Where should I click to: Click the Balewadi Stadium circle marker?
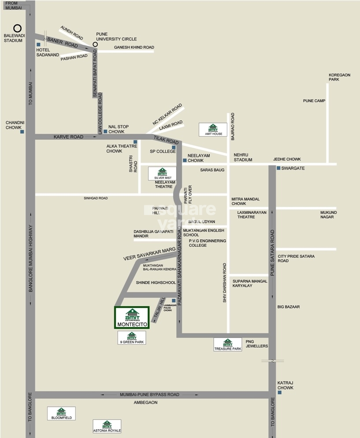[18, 28]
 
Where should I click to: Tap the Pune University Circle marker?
[95, 45]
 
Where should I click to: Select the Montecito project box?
[132, 318]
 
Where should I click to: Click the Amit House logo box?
[213, 130]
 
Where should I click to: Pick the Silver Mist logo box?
[162, 174]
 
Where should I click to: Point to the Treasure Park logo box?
[227, 344]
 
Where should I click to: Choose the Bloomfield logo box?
[61, 413]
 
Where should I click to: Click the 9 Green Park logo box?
[132, 338]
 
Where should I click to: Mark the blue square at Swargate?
[278, 168]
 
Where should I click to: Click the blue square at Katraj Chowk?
[279, 392]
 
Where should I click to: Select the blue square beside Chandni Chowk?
[21, 131]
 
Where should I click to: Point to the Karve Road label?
[68, 137]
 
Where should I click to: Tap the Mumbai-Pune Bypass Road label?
[149, 394]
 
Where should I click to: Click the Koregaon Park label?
[339, 77]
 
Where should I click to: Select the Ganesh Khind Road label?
[134, 47]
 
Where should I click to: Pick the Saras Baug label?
[212, 170]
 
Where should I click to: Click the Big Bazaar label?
[288, 306]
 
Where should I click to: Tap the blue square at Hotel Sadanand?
[39, 45]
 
